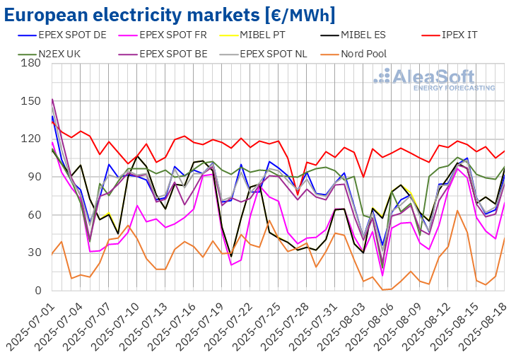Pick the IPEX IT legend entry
point(470,33)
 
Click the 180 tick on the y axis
point(30,64)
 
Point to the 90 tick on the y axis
point(33,177)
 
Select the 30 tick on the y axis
point(33,252)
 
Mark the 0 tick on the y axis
point(37,291)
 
